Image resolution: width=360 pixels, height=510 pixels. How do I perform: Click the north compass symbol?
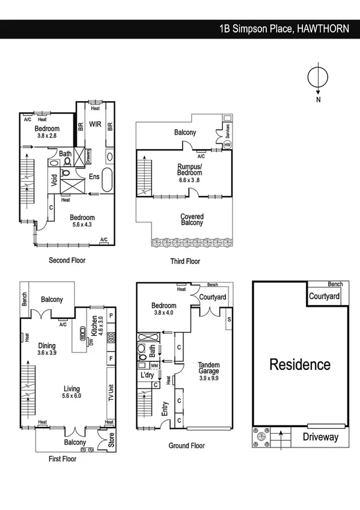click(318, 78)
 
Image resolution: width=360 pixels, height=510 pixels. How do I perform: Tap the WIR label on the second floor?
click(95, 124)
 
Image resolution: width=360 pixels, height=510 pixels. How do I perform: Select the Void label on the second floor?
click(54, 180)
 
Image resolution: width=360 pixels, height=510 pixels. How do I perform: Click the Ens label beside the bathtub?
click(94, 176)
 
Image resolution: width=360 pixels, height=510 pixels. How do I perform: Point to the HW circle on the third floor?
click(227, 145)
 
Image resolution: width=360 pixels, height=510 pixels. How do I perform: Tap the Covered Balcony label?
click(192, 220)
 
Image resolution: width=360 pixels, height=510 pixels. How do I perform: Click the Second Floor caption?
click(67, 260)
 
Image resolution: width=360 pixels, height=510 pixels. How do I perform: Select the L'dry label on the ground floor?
click(148, 375)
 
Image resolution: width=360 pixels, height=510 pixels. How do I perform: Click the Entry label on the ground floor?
click(165, 410)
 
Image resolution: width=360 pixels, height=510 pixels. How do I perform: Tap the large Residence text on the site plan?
click(299, 364)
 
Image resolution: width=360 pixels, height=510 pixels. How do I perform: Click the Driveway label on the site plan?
click(320, 437)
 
